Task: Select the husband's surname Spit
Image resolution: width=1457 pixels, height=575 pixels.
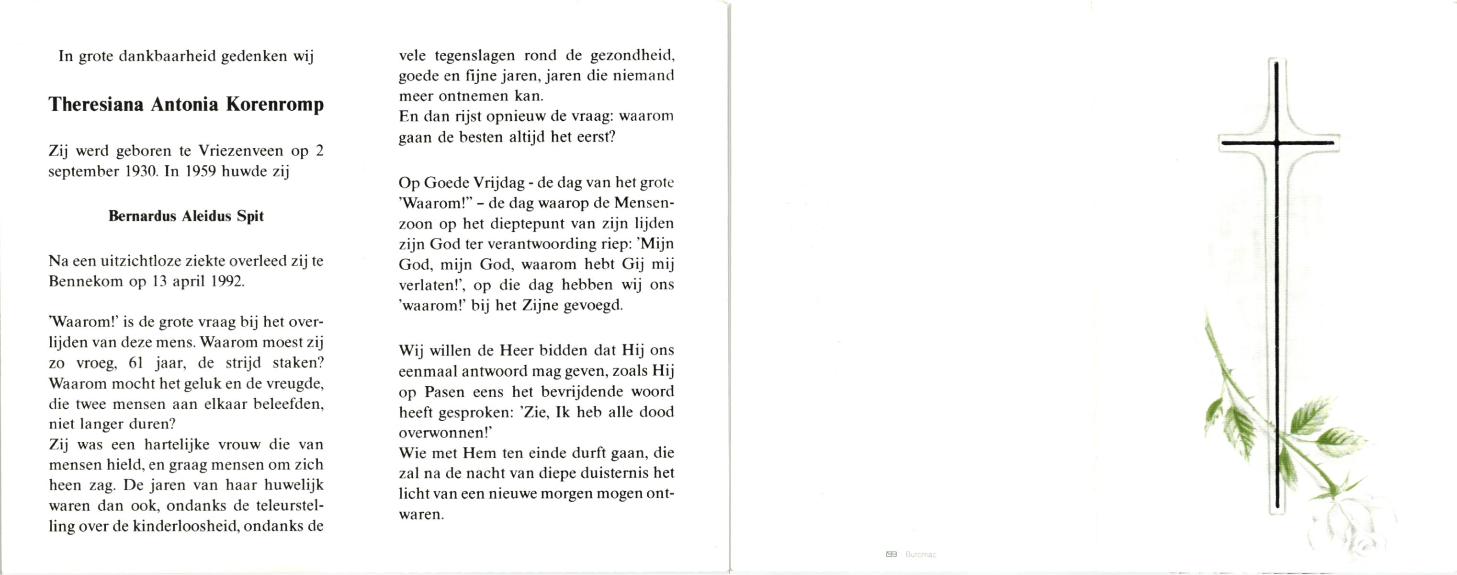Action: pyautogui.click(x=250, y=216)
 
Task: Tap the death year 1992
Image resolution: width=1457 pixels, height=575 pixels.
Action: pyautogui.click(x=227, y=282)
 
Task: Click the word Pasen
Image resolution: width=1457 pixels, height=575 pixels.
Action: pyautogui.click(x=444, y=391)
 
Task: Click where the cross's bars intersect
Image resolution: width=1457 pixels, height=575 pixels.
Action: pyautogui.click(x=1276, y=143)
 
